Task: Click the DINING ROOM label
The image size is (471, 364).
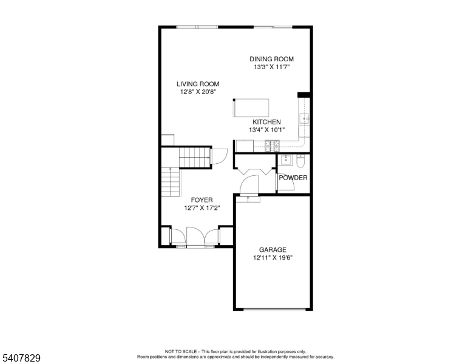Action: tap(271, 59)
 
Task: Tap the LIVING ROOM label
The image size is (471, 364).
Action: tap(198, 84)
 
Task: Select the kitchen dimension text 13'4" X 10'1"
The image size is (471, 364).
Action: tap(266, 130)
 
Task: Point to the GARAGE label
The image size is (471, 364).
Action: tap(273, 249)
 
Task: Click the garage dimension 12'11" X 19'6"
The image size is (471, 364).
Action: tap(273, 257)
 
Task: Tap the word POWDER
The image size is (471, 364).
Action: tap(293, 178)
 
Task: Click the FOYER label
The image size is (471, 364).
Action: tap(202, 200)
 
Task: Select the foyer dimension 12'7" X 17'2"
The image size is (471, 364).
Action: tap(202, 208)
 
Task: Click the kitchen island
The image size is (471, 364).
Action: tap(251, 108)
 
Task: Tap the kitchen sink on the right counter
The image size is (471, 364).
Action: tap(304, 119)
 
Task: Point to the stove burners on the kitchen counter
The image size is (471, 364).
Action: tap(272, 146)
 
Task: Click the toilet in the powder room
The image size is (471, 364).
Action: tap(300, 161)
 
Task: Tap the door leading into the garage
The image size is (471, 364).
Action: tap(249, 185)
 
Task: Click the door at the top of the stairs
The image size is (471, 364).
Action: tap(219, 156)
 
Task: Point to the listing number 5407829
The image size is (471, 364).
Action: tap(21, 358)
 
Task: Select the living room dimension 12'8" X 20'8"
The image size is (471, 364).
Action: tap(198, 92)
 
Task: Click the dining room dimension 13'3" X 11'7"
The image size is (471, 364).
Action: tap(271, 67)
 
